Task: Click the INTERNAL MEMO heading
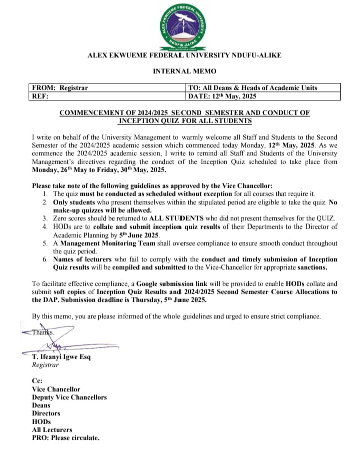pyautogui.click(x=184, y=72)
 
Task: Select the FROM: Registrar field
pyautogui.click(x=60, y=88)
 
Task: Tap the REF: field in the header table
pyautogui.click(x=40, y=96)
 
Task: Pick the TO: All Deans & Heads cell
pyautogui.click(x=252, y=88)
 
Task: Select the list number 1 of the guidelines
pyautogui.click(x=45, y=193)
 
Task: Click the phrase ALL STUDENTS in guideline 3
pyautogui.click(x=171, y=218)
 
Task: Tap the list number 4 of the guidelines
pyautogui.click(x=45, y=227)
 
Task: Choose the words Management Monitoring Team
pyautogui.click(x=99, y=243)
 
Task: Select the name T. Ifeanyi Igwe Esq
pyautogui.click(x=61, y=357)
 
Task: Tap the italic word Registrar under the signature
pyautogui.click(x=45, y=365)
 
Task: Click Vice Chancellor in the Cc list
pyautogui.click(x=56, y=389)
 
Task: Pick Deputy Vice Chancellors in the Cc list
pyautogui.click(x=69, y=397)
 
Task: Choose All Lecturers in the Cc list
pyautogui.click(x=52, y=430)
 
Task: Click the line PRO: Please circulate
pyautogui.click(x=66, y=438)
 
